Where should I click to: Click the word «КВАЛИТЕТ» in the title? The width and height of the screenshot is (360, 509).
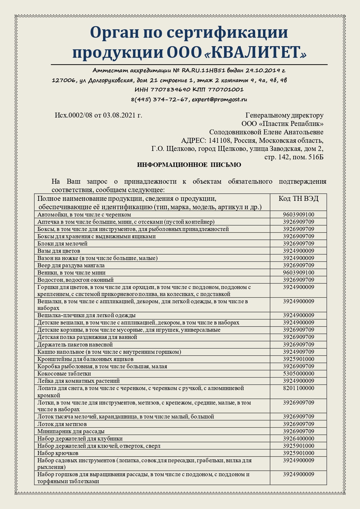point(258,53)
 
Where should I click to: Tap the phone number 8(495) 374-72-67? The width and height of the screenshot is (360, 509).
point(159,99)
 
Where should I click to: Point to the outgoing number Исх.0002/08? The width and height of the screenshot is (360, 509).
point(73,115)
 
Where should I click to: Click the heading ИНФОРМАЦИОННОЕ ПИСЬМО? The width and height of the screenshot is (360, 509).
point(189,165)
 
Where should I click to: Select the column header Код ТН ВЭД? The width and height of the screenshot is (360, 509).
point(298,198)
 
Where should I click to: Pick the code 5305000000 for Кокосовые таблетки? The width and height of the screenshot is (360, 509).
point(298,373)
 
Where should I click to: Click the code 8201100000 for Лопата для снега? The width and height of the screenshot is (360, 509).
point(298,388)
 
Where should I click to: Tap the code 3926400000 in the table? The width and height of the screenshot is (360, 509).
point(298,438)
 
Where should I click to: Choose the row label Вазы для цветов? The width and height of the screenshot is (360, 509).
point(59,251)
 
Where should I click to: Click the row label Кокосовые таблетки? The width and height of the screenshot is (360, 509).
point(64,373)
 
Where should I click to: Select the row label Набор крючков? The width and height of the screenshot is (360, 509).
point(58,453)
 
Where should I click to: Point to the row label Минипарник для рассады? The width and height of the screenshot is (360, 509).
point(71,431)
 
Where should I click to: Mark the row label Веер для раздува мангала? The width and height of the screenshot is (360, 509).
point(71,265)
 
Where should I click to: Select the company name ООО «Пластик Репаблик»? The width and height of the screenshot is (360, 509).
point(282,124)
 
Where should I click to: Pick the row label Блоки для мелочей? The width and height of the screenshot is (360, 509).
point(62,243)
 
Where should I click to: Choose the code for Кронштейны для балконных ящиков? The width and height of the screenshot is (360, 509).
point(298,359)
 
